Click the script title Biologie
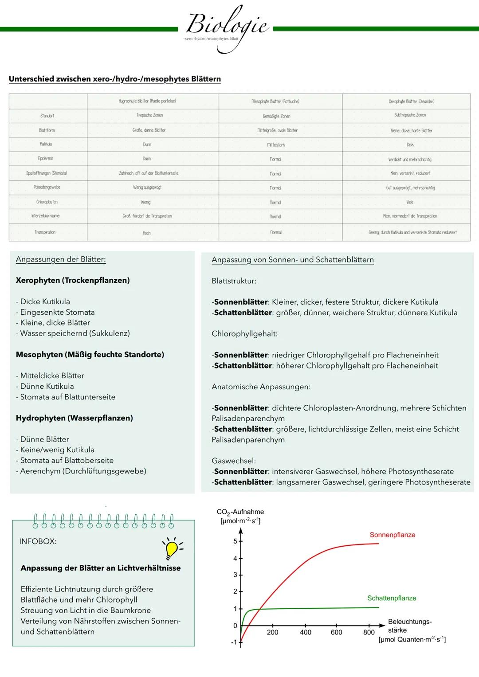coord(227,24)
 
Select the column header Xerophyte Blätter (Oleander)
coord(411,101)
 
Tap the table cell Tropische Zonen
coord(149,115)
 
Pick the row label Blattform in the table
coord(47,130)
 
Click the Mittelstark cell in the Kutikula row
coord(276,145)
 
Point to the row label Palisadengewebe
coord(47,187)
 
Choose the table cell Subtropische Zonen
coord(410,115)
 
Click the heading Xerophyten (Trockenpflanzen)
coord(73,280)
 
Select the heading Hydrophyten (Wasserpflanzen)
coord(75,418)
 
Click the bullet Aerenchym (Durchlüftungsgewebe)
coord(83,471)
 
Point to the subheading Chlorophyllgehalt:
coord(244,334)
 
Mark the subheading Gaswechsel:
coord(234,461)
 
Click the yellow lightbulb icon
coord(172,548)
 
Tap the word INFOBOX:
coord(38,541)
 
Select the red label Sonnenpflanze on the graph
coord(392,535)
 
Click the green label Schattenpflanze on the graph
coord(392,598)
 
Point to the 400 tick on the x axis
coord(305,633)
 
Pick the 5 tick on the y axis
coord(236,541)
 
